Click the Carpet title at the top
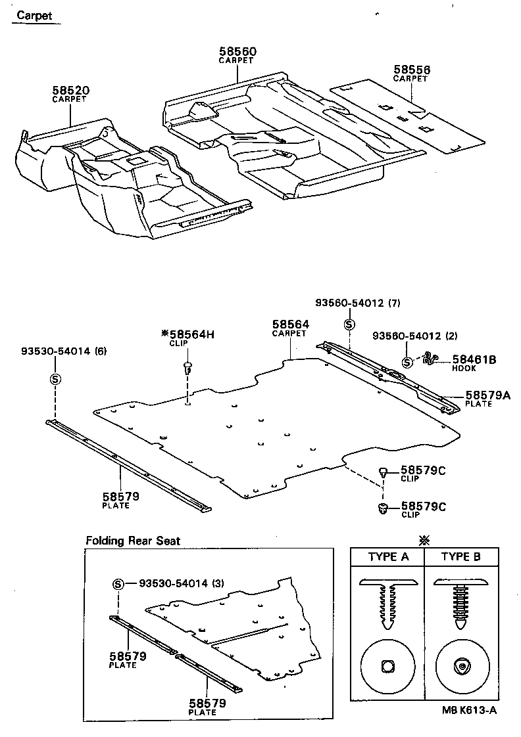[35, 15]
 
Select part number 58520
[71, 90]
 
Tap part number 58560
[237, 51]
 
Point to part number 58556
[412, 69]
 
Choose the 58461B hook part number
[474, 359]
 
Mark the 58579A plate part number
[488, 395]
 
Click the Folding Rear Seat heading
[133, 541]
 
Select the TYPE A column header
[388, 557]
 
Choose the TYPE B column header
[460, 557]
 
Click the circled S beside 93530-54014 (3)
[118, 583]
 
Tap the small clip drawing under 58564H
[187, 366]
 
